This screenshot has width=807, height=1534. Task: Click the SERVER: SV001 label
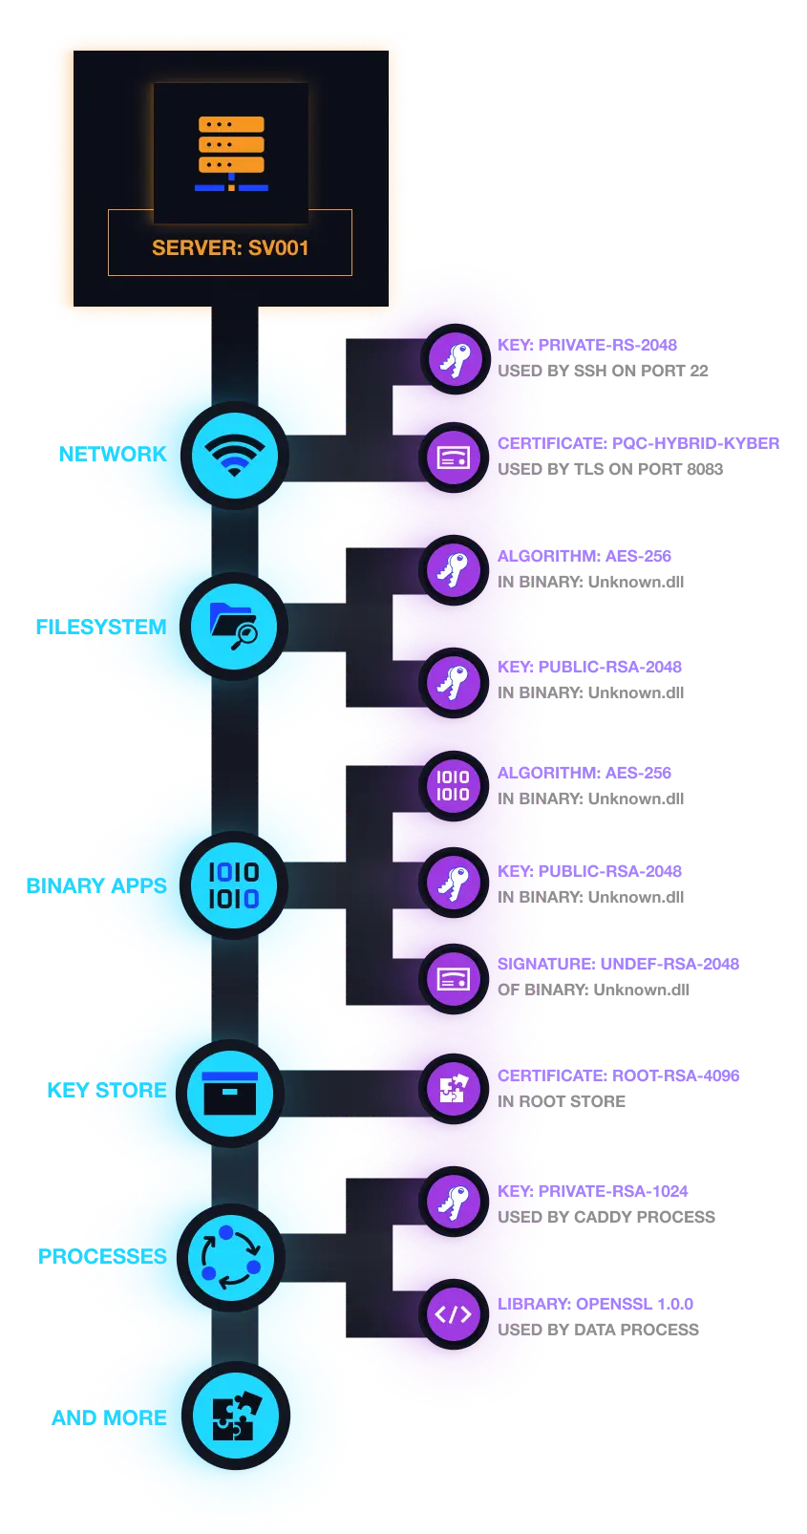click(x=230, y=247)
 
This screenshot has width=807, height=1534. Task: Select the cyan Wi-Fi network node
click(x=233, y=455)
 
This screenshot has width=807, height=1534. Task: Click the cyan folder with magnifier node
click(x=233, y=627)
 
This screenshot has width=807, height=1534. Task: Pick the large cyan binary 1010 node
click(x=233, y=884)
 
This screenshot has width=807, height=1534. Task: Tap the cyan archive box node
click(x=230, y=1093)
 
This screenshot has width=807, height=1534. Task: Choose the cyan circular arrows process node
click(x=230, y=1257)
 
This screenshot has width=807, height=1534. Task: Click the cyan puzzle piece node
click(x=233, y=1417)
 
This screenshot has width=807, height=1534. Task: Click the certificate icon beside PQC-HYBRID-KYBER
click(x=454, y=458)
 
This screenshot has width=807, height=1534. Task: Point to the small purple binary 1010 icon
click(x=454, y=785)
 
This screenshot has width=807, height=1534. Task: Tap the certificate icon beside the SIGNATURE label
click(x=454, y=979)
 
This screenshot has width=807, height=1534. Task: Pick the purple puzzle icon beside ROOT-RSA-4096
click(x=454, y=1088)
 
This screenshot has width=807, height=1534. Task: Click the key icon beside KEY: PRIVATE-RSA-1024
click(x=454, y=1203)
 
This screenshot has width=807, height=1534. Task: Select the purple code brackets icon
click(x=454, y=1314)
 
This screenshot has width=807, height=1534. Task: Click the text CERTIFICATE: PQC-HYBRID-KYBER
click(x=637, y=443)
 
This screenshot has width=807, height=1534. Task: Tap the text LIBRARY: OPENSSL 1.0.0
click(x=595, y=1303)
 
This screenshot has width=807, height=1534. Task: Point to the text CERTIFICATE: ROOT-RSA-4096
click(x=618, y=1076)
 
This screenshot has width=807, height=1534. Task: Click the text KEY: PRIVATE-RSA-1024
click(x=593, y=1191)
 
